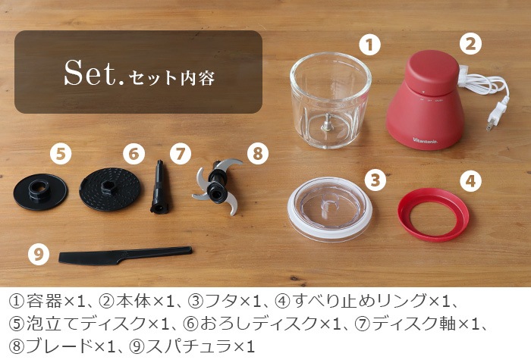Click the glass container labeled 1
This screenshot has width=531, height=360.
(330, 100)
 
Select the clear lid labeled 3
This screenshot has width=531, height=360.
(330, 208)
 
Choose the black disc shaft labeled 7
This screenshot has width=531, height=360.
(159, 187)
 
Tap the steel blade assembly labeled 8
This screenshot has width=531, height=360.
(217, 186)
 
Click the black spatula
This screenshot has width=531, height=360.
(125, 255)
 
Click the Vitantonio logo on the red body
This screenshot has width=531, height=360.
(425, 140)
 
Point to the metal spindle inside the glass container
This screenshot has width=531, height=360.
(328, 123)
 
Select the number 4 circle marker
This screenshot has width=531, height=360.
(471, 181)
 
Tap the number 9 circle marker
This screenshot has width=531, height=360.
(39, 254)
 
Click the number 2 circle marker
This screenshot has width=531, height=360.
(471, 43)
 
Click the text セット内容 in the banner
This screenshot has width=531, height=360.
(172, 78)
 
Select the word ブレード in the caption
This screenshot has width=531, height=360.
(60, 346)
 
